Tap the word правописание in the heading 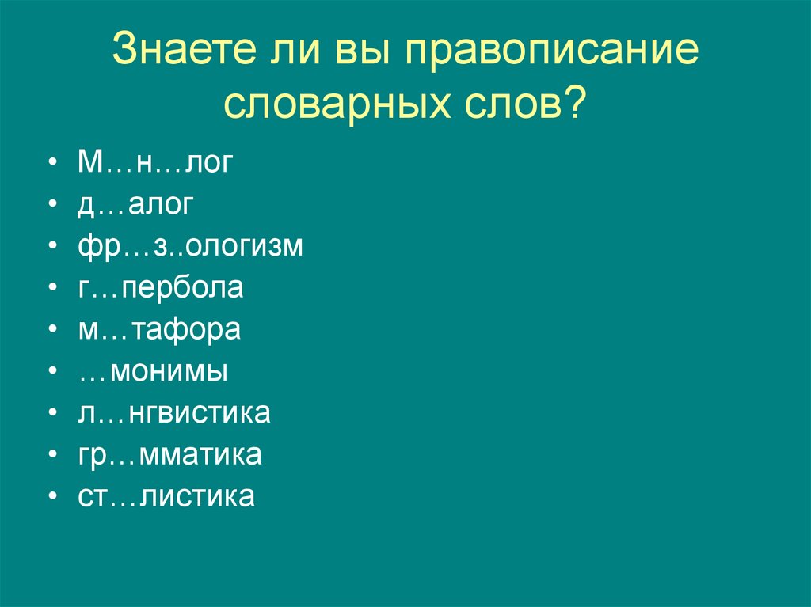click(554, 52)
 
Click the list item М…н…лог click(156, 162)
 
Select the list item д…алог click(135, 204)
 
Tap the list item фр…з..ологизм click(190, 246)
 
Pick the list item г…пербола click(160, 287)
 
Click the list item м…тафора click(158, 329)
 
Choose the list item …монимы click(153, 371)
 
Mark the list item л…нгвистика click(173, 413)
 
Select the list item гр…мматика click(169, 455)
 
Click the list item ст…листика click(166, 497)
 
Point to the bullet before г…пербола click(52, 289)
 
